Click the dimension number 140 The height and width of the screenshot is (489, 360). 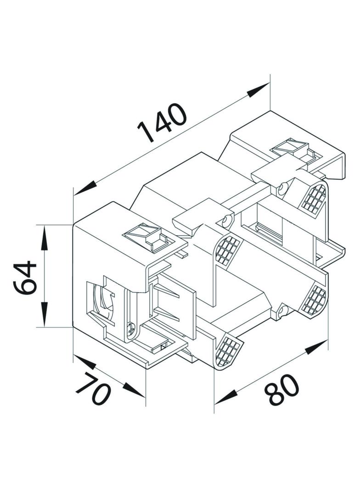coord(162,122)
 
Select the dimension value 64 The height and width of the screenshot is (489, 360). coord(25,278)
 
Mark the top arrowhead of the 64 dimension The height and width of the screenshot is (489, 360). coord(45,237)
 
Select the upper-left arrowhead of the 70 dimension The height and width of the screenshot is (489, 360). coord(84,361)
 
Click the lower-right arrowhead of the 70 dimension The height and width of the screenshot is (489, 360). coord(134,390)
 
